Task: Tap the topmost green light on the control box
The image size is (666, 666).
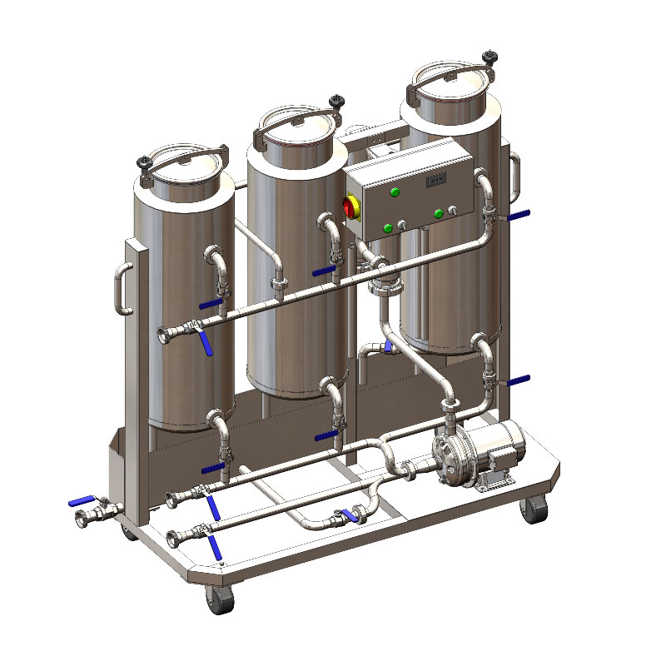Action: tap(395, 192)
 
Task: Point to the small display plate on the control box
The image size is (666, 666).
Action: tap(437, 178)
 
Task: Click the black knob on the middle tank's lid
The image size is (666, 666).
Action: tap(336, 102)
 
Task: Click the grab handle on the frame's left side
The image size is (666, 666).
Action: tap(118, 288)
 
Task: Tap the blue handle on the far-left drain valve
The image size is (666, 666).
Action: tap(82, 500)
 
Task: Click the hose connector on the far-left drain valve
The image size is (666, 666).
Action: tap(85, 519)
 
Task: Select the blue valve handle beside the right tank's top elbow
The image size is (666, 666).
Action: tap(518, 216)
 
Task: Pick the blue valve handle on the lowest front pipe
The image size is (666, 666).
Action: tap(216, 546)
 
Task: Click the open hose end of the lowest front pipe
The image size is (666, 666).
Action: tap(172, 535)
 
